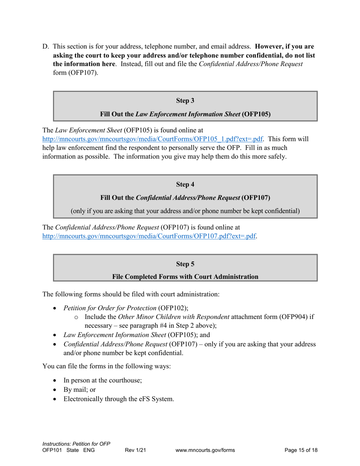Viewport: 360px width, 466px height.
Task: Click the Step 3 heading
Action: click(185, 101)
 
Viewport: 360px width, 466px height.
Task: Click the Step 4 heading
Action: click(185, 185)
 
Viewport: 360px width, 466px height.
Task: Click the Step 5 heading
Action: click(185, 264)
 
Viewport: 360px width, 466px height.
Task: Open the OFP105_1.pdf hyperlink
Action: click(152, 139)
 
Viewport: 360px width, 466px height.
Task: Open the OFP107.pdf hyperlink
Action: click(149, 236)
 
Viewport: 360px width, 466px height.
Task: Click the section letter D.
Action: click(45, 47)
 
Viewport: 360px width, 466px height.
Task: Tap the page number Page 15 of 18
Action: click(301, 450)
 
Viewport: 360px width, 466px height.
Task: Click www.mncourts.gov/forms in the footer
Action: click(205, 450)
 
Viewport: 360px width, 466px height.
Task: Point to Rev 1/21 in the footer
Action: click(136, 450)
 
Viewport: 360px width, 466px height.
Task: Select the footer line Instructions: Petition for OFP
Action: click(76, 444)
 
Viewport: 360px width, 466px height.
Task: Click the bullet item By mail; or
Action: click(80, 389)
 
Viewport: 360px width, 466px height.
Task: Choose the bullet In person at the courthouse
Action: click(103, 380)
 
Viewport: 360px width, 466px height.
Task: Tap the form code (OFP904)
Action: click(294, 317)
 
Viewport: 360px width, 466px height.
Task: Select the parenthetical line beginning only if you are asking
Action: click(185, 211)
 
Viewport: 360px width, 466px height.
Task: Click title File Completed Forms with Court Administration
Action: click(185, 277)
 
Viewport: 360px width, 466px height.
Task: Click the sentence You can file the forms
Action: click(106, 366)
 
